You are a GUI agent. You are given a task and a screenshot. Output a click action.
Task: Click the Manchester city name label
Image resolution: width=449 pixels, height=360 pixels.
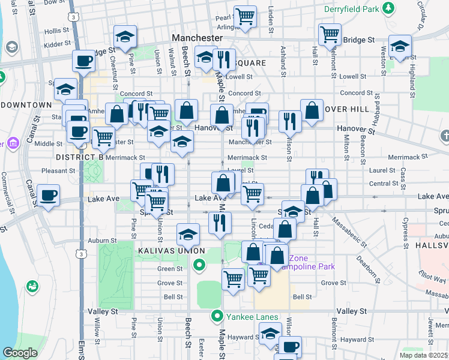[197, 37]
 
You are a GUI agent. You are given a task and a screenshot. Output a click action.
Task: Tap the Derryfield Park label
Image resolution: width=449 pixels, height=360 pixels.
[352, 9]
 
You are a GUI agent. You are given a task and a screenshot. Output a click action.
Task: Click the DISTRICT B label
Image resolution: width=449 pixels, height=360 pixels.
[80, 157]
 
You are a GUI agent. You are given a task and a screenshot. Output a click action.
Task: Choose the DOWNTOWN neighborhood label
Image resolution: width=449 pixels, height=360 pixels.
[26, 105]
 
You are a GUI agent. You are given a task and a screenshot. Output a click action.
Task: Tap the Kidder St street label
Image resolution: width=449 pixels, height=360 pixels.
[57, 45]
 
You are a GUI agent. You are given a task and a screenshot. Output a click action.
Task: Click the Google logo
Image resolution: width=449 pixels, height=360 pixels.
[20, 353]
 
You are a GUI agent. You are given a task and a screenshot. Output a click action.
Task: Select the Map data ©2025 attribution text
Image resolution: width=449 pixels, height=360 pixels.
[423, 355]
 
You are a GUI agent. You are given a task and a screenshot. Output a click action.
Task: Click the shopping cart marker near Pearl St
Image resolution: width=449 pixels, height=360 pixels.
[245, 17]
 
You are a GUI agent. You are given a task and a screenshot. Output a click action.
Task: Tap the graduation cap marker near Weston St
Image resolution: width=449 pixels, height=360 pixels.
[400, 46]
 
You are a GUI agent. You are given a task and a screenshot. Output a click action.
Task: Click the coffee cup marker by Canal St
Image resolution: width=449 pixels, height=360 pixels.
[48, 194]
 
